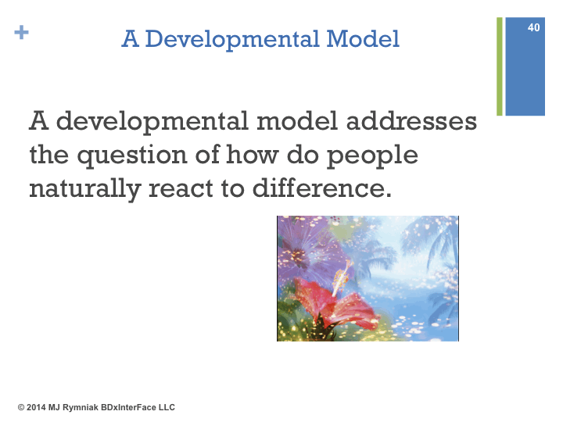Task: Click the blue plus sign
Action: click(x=22, y=32)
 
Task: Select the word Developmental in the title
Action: click(x=232, y=40)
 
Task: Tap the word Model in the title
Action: click(x=363, y=38)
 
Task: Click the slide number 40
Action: click(x=533, y=27)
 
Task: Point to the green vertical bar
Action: click(x=500, y=66)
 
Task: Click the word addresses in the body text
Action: click(x=411, y=120)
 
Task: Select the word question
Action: click(x=132, y=156)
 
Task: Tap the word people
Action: click(x=372, y=156)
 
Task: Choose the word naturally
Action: click(x=85, y=189)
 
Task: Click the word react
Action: click(x=181, y=189)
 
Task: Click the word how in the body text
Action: click(x=253, y=154)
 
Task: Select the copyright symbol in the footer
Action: click(x=21, y=407)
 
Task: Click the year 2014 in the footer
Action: click(x=36, y=407)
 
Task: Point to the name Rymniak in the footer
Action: click(x=81, y=408)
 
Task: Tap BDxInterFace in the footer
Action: click(x=128, y=407)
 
